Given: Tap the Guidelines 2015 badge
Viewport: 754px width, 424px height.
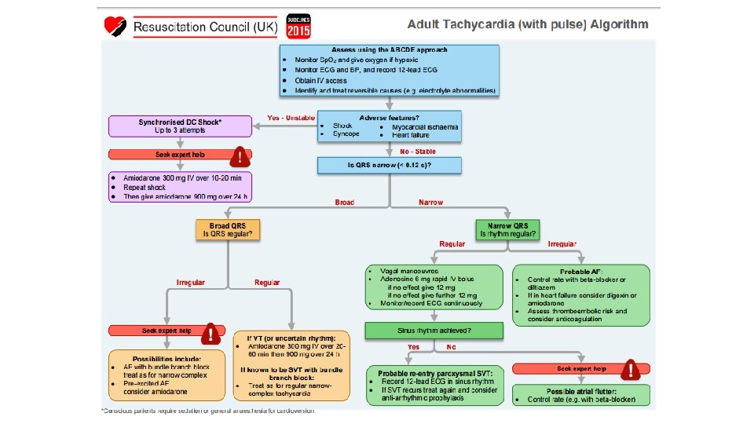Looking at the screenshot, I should point(298,26).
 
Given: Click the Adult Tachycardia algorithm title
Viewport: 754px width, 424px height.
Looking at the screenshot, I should point(528,24).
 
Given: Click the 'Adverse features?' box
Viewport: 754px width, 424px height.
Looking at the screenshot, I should point(389,126).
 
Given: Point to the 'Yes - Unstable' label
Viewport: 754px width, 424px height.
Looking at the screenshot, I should point(291,118).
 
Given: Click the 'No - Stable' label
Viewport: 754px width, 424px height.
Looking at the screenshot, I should point(418,151).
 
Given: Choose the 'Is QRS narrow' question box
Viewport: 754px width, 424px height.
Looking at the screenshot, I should point(389,166).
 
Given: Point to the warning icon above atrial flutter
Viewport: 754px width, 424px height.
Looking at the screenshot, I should point(629,370).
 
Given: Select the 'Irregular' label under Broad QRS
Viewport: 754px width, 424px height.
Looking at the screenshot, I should point(190,281).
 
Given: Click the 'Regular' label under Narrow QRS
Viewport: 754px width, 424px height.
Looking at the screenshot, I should point(452,243).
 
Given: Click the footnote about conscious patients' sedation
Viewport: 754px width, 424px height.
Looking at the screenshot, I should point(207,411).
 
